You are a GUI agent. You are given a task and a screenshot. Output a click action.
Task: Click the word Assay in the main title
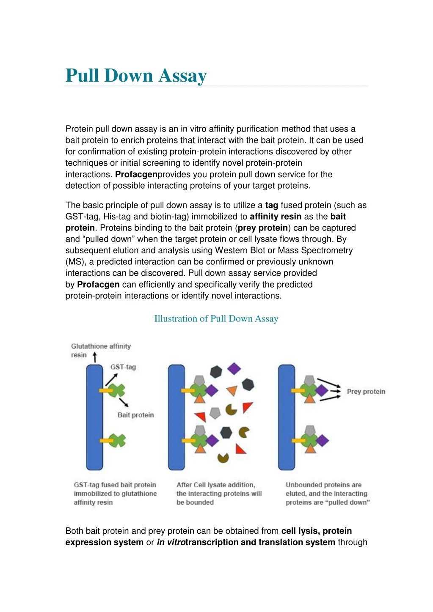tap(182, 76)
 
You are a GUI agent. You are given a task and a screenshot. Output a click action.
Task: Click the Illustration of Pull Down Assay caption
tap(216, 318)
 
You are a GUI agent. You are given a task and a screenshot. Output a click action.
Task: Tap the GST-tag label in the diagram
tap(123, 367)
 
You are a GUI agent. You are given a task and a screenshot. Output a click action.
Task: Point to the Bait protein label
tap(135, 415)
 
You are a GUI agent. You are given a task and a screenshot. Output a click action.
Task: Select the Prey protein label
tap(366, 391)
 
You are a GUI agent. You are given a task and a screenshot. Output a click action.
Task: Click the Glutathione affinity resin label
tap(100, 350)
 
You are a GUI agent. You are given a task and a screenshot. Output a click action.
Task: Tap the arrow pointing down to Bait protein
tap(124, 401)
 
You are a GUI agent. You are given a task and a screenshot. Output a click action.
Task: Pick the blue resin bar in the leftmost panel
tap(94, 423)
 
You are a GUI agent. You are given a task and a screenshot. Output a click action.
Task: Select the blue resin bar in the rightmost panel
tap(286, 423)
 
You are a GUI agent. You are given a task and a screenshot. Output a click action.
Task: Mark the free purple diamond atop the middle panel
tap(234, 368)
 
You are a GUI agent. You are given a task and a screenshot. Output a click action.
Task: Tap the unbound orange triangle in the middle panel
tap(232, 390)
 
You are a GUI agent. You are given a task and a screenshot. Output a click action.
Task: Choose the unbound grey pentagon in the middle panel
tap(215, 413)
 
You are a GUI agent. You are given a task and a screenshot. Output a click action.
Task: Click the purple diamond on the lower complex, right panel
tap(322, 440)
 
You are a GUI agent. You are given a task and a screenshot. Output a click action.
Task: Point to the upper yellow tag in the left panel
tap(105, 390)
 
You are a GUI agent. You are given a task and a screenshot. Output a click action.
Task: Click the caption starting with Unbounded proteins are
tap(327, 494)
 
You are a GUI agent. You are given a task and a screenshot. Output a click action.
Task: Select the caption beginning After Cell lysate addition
tap(219, 494)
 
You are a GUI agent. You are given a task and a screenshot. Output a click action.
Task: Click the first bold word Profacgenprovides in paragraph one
tap(136, 174)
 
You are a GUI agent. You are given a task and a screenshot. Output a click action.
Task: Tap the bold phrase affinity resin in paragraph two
tap(276, 217)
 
